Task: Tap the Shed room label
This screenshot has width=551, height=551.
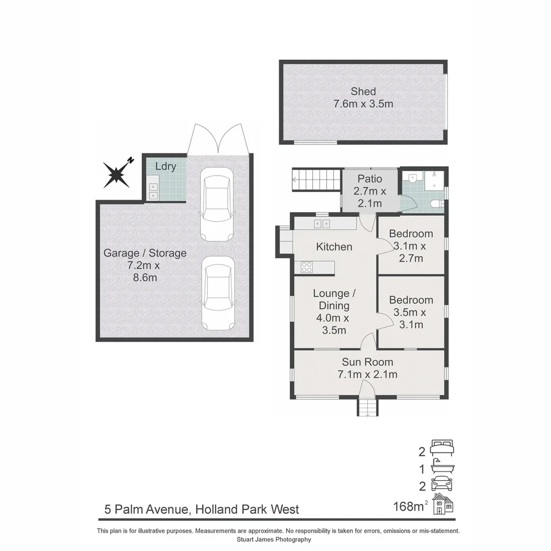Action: tap(363, 92)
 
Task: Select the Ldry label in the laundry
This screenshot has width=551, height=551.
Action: tap(166, 167)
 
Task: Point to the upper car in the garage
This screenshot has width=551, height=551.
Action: tap(217, 205)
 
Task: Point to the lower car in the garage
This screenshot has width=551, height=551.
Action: tap(218, 293)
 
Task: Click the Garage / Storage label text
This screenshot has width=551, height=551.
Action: tap(145, 253)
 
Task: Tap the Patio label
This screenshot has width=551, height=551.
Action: tap(370, 179)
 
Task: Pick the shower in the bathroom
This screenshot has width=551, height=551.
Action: tap(434, 179)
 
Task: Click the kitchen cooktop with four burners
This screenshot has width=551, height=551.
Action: tap(307, 267)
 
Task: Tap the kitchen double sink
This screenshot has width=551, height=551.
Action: tap(322, 223)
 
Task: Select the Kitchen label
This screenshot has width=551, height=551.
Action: tap(334, 247)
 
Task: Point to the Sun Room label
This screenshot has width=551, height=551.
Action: tap(367, 362)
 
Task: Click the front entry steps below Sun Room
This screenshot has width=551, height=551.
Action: tap(367, 408)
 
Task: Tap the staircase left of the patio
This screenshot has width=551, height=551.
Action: tap(316, 180)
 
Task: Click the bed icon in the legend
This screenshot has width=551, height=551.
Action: tap(442, 447)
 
